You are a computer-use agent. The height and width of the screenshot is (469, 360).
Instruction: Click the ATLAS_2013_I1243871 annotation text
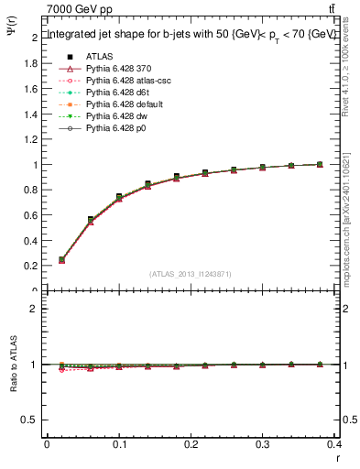point(191,275)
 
